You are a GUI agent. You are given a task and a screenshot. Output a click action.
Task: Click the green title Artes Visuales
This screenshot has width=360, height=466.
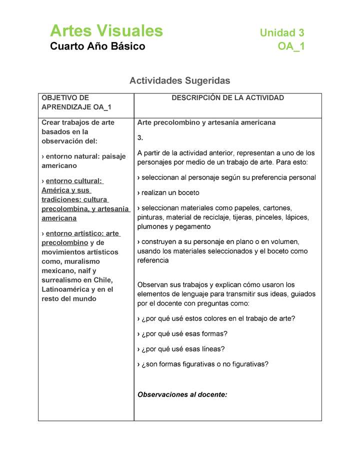click(106, 31)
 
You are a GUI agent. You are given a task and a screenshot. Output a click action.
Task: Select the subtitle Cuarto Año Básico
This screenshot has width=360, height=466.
click(97, 46)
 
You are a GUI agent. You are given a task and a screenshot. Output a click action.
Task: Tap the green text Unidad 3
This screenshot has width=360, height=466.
click(281, 33)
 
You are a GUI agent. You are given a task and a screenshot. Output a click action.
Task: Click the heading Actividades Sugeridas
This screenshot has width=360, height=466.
click(179, 80)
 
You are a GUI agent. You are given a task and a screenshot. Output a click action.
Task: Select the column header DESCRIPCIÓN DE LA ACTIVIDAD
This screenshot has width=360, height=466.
click(227, 98)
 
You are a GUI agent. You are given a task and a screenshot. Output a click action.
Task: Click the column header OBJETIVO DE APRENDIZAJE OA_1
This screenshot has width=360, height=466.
click(76, 102)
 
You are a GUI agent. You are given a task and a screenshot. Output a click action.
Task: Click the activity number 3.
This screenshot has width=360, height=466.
click(140, 137)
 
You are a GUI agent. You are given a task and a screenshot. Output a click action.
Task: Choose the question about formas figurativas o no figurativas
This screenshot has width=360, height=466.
click(202, 364)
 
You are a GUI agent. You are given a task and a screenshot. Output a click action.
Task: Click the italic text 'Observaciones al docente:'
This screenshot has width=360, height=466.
click(182, 394)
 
